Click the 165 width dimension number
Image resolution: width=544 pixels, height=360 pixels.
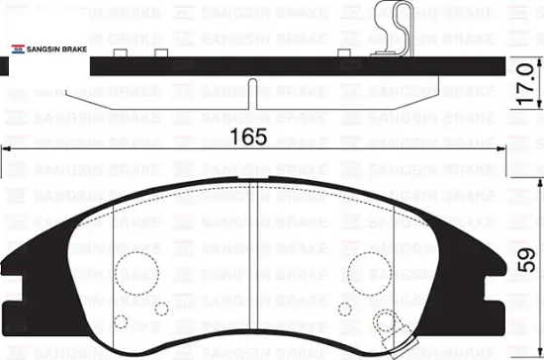point(248,136)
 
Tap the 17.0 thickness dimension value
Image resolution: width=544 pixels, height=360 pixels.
point(524,84)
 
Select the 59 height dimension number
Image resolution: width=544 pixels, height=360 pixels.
point(526,260)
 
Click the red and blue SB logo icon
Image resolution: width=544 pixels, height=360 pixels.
point(18,48)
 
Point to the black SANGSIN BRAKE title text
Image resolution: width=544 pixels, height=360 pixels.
point(57,49)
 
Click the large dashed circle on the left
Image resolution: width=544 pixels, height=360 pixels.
point(137,273)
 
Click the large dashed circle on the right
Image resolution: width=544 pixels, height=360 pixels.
point(370,274)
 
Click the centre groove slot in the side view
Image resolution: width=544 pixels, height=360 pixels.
point(253,94)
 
